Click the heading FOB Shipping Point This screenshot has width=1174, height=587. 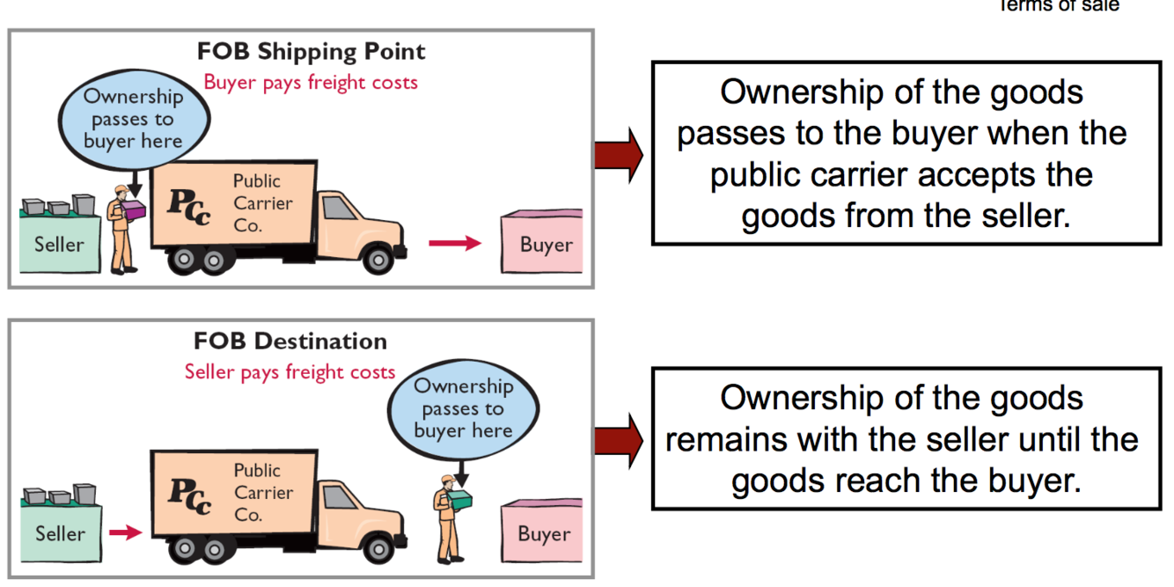coord(311,52)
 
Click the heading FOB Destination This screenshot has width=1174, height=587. coord(290,341)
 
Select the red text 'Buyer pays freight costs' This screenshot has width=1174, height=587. coord(311,83)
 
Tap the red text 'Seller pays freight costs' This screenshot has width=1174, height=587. coord(290,371)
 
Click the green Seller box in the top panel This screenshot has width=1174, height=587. coord(59,244)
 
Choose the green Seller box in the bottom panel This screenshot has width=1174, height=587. coord(60,532)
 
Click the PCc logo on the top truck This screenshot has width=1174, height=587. coord(189,206)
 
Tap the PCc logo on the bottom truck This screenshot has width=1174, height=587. coord(189,495)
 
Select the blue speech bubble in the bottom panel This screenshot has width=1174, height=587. coord(463,408)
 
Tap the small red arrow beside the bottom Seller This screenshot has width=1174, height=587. coord(125,532)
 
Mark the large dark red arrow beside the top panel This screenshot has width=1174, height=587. coord(619,154)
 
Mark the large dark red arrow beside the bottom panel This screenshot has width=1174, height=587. coord(619,441)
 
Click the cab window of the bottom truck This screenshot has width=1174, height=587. coord(338,497)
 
